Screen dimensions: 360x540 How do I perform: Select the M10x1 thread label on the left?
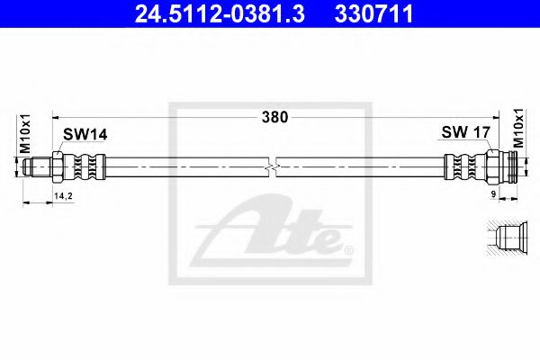[x=26, y=135]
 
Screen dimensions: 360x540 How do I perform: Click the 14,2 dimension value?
[x=63, y=195]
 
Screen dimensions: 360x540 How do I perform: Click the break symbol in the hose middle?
[x=274, y=166]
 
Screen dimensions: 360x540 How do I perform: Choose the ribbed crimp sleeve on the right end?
[x=461, y=167]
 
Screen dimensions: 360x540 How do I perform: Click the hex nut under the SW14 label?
[x=58, y=167]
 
